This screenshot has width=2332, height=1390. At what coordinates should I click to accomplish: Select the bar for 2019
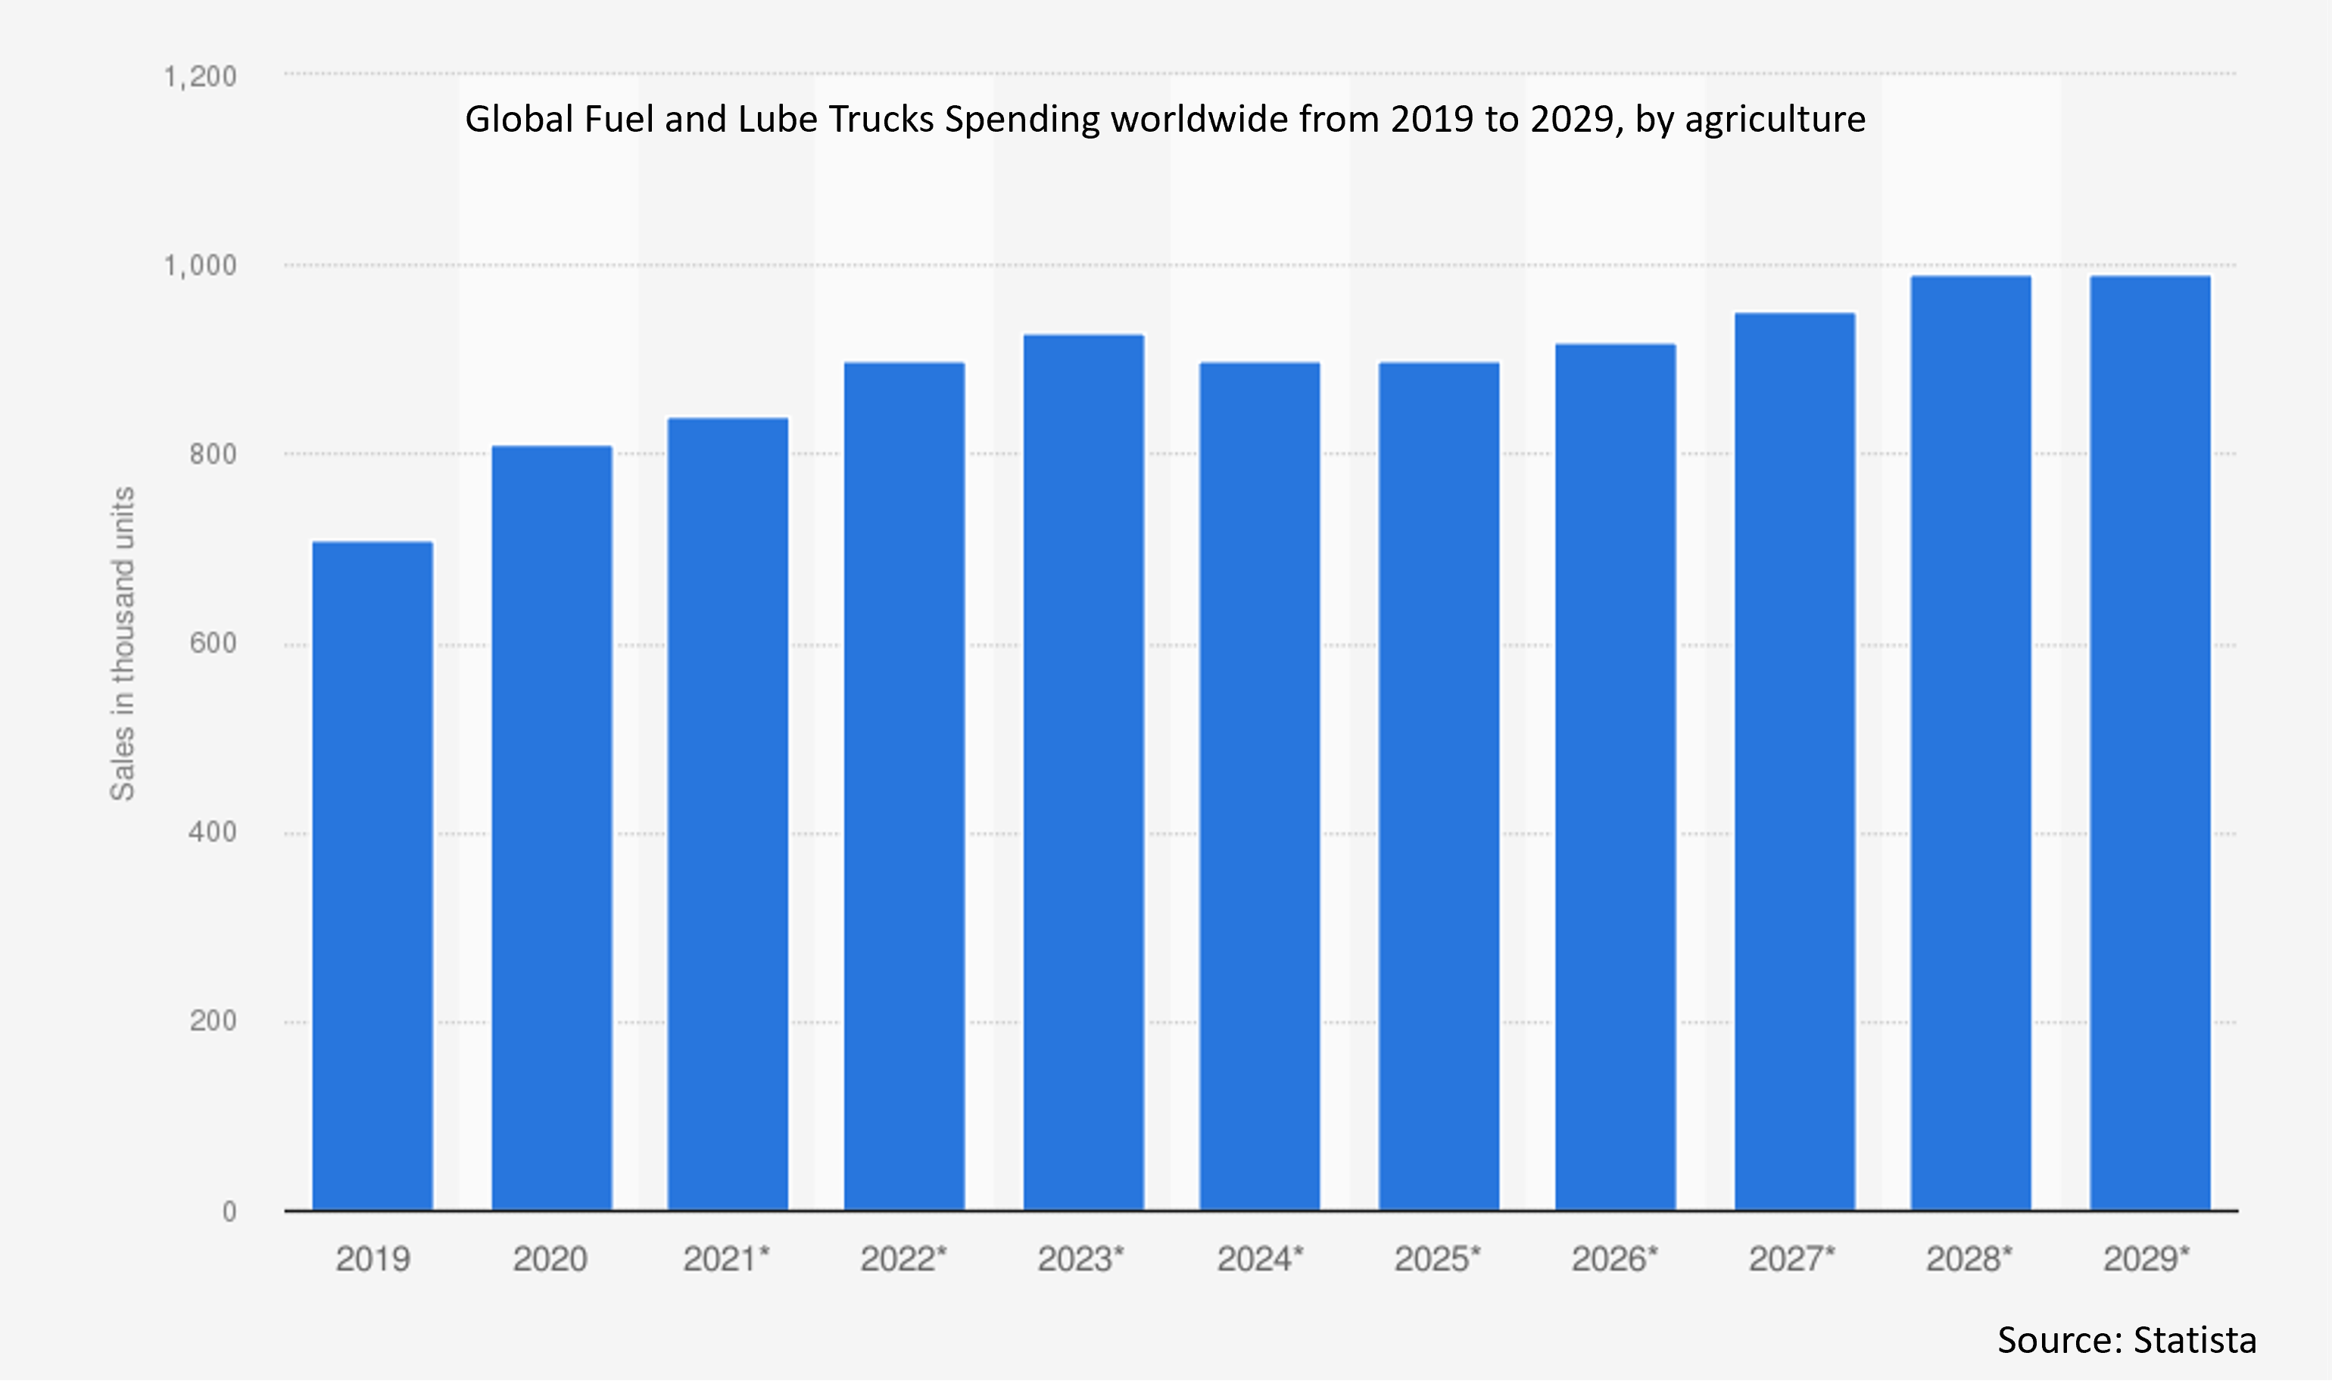point(372,876)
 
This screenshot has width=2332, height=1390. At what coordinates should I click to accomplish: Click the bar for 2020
point(552,828)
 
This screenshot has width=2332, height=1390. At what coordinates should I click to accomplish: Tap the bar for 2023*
point(1083,773)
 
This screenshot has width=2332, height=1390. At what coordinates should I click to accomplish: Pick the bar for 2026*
point(1616,778)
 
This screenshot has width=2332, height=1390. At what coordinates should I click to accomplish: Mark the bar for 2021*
point(728,814)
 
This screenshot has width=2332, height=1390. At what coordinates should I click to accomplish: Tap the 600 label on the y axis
point(213,644)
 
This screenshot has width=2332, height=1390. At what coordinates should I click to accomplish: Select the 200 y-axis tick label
point(213,1021)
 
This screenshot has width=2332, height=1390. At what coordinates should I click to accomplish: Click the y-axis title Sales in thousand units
point(123,644)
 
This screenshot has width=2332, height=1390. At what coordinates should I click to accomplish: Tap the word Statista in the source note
point(2194,1340)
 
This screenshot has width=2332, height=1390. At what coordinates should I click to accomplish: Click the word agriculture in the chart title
point(1775,120)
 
